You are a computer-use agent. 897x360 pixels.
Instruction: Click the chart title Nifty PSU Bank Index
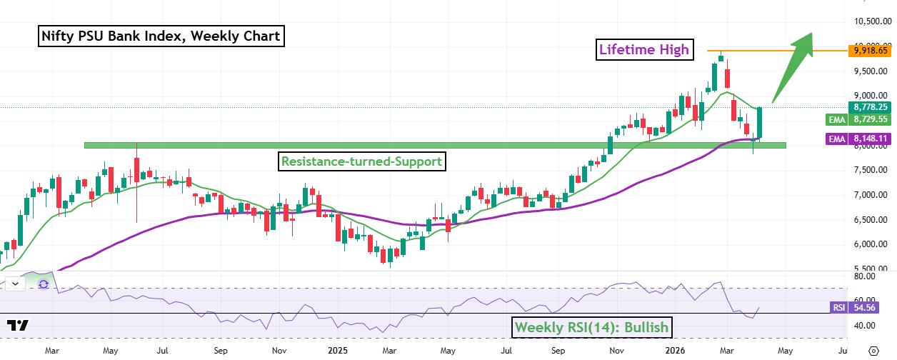161,35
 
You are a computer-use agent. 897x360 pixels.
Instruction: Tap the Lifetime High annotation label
644,49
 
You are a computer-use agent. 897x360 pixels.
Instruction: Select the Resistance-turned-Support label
361,161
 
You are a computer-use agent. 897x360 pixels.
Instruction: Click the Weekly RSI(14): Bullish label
592,328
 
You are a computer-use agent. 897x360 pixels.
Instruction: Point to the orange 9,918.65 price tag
870,51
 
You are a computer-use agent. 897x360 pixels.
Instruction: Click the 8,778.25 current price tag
870,107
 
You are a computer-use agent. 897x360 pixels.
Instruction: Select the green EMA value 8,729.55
870,120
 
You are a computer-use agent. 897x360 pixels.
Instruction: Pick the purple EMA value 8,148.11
870,139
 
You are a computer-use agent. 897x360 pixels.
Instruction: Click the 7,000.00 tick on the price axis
870,194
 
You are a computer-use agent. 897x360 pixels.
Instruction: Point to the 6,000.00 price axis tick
870,244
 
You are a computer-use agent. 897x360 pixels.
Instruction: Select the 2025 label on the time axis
338,351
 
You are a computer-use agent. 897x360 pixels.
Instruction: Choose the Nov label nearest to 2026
617,351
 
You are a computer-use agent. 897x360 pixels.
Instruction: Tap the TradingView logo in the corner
19,326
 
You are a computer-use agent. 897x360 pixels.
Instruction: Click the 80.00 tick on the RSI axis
864,276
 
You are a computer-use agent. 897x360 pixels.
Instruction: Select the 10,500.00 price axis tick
870,21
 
